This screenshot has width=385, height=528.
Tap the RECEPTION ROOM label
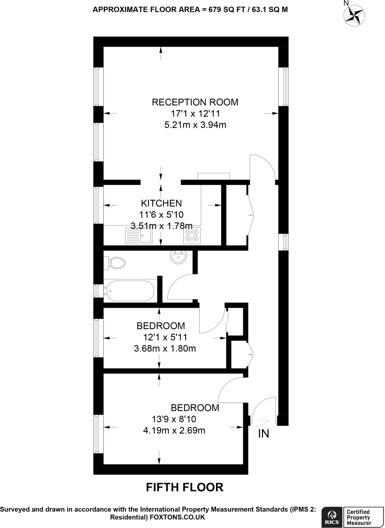coord(195,102)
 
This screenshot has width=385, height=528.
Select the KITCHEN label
coord(161,203)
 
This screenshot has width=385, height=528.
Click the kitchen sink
coord(138,235)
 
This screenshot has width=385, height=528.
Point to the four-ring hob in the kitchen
coord(192,235)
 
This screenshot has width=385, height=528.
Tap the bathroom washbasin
coord(178,257)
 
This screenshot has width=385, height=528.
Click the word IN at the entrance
coord(263,434)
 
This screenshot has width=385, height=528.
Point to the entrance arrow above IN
coord(263,421)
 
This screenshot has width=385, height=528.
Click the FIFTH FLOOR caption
coord(185,487)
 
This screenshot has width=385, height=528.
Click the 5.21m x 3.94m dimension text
coord(195,125)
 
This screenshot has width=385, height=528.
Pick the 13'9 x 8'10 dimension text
coord(174,419)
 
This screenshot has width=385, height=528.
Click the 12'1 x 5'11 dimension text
coord(165,337)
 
